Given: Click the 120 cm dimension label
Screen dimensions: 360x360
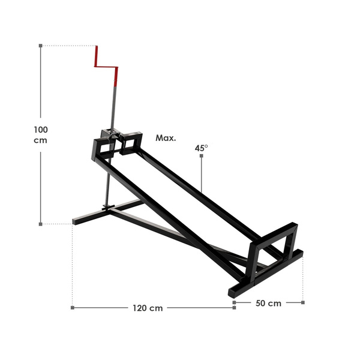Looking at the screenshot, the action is click(x=148, y=308).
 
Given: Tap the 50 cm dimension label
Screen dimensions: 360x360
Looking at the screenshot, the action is click(x=268, y=303).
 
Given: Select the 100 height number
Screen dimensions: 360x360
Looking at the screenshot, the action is click(x=41, y=130).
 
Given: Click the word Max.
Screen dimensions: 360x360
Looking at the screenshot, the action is click(x=166, y=138).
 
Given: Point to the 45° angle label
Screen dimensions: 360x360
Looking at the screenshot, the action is click(x=202, y=148).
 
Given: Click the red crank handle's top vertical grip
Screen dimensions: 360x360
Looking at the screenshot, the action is click(x=97, y=56).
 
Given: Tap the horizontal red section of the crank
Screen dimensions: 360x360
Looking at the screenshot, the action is click(x=106, y=67).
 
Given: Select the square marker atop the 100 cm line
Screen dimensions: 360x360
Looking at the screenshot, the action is click(x=41, y=46).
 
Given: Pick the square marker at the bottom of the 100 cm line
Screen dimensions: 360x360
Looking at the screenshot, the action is click(x=41, y=224).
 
